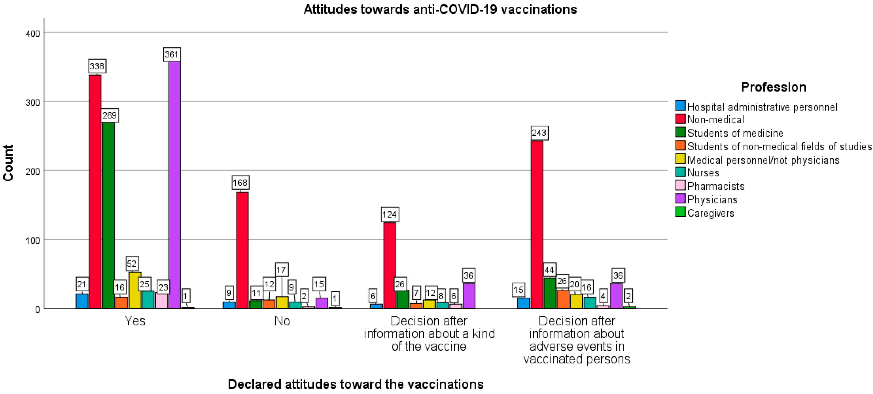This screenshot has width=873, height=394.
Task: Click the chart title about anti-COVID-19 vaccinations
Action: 440,9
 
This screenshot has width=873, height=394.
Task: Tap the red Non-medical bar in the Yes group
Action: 95,192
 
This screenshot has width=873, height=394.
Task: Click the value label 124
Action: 389,215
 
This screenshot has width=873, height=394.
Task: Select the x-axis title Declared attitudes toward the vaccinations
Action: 356,384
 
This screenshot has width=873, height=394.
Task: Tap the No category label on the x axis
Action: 282,321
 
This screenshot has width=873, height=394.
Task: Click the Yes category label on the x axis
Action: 135,321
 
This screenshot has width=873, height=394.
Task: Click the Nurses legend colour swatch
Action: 680,172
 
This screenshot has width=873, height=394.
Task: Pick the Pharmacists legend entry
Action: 716,186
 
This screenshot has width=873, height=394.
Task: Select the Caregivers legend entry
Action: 711,213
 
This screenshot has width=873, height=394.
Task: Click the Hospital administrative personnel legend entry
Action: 762,107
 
